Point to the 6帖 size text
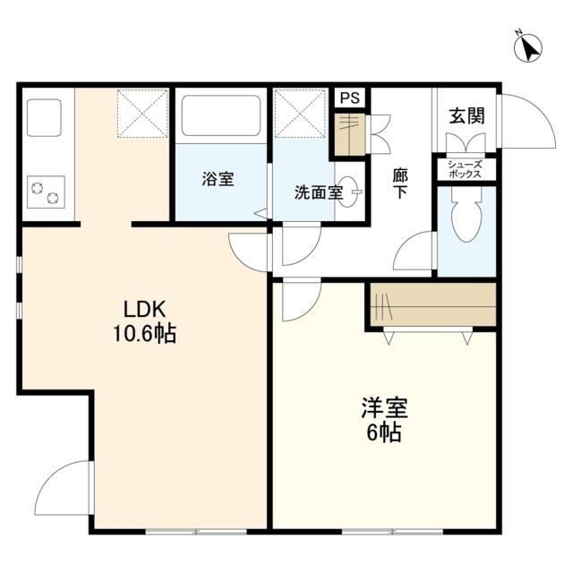(x=385, y=434)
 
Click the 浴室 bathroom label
(x=218, y=179)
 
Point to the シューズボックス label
(x=466, y=169)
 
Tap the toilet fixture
(x=466, y=220)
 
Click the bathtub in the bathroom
(x=220, y=115)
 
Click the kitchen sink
(x=44, y=116)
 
